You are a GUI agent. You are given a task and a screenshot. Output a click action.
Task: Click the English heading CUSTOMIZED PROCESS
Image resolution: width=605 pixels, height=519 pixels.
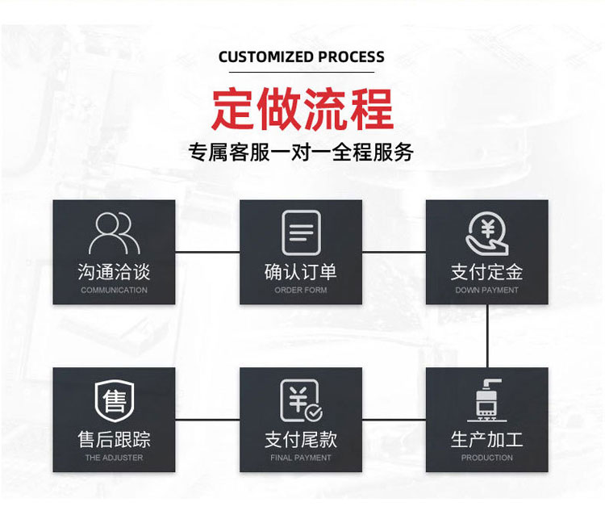point(302,57)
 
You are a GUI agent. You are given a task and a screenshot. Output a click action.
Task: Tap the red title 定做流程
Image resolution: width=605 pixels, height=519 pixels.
point(302,108)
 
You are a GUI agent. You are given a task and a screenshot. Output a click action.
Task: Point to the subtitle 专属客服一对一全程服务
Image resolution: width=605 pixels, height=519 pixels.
point(301,152)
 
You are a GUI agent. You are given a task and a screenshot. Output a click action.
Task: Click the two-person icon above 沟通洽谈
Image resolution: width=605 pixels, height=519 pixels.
point(115,232)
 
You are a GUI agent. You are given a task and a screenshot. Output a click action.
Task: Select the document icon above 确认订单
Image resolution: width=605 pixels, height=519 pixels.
point(301,232)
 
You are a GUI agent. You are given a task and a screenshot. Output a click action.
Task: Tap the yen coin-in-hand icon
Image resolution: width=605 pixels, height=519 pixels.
point(487,233)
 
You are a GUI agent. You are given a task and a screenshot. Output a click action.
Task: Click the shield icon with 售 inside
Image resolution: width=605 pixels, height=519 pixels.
point(115,401)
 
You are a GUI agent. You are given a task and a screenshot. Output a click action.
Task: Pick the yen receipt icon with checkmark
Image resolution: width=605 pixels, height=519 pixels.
point(302,400)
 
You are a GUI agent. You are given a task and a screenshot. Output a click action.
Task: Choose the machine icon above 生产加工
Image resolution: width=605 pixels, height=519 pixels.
point(487,400)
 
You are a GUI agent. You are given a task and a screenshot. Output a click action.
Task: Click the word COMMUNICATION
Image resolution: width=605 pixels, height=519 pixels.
point(115,290)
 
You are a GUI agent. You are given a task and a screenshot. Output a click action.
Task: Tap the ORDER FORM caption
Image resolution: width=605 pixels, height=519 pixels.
point(301,290)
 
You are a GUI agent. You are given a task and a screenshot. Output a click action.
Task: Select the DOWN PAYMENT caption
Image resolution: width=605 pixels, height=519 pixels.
point(487,290)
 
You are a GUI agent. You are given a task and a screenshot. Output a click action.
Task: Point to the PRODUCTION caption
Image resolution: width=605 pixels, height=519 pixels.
point(487,458)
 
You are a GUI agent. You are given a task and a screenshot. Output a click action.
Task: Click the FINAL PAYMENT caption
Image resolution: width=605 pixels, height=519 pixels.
point(301,458)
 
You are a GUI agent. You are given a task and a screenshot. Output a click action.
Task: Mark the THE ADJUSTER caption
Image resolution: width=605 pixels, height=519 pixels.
point(115,458)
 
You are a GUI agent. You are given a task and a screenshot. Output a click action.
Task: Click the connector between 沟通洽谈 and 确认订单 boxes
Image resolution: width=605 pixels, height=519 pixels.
point(207,252)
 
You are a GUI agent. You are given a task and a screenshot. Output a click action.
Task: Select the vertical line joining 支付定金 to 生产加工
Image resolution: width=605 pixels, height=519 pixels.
point(487,336)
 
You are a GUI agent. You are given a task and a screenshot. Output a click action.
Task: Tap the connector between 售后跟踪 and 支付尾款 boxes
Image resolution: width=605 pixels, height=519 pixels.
point(207,420)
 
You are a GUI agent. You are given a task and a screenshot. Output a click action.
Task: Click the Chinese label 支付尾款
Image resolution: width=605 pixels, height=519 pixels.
point(301,439)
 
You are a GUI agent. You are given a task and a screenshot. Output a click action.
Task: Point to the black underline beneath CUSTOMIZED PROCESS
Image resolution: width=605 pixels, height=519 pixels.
point(302,72)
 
